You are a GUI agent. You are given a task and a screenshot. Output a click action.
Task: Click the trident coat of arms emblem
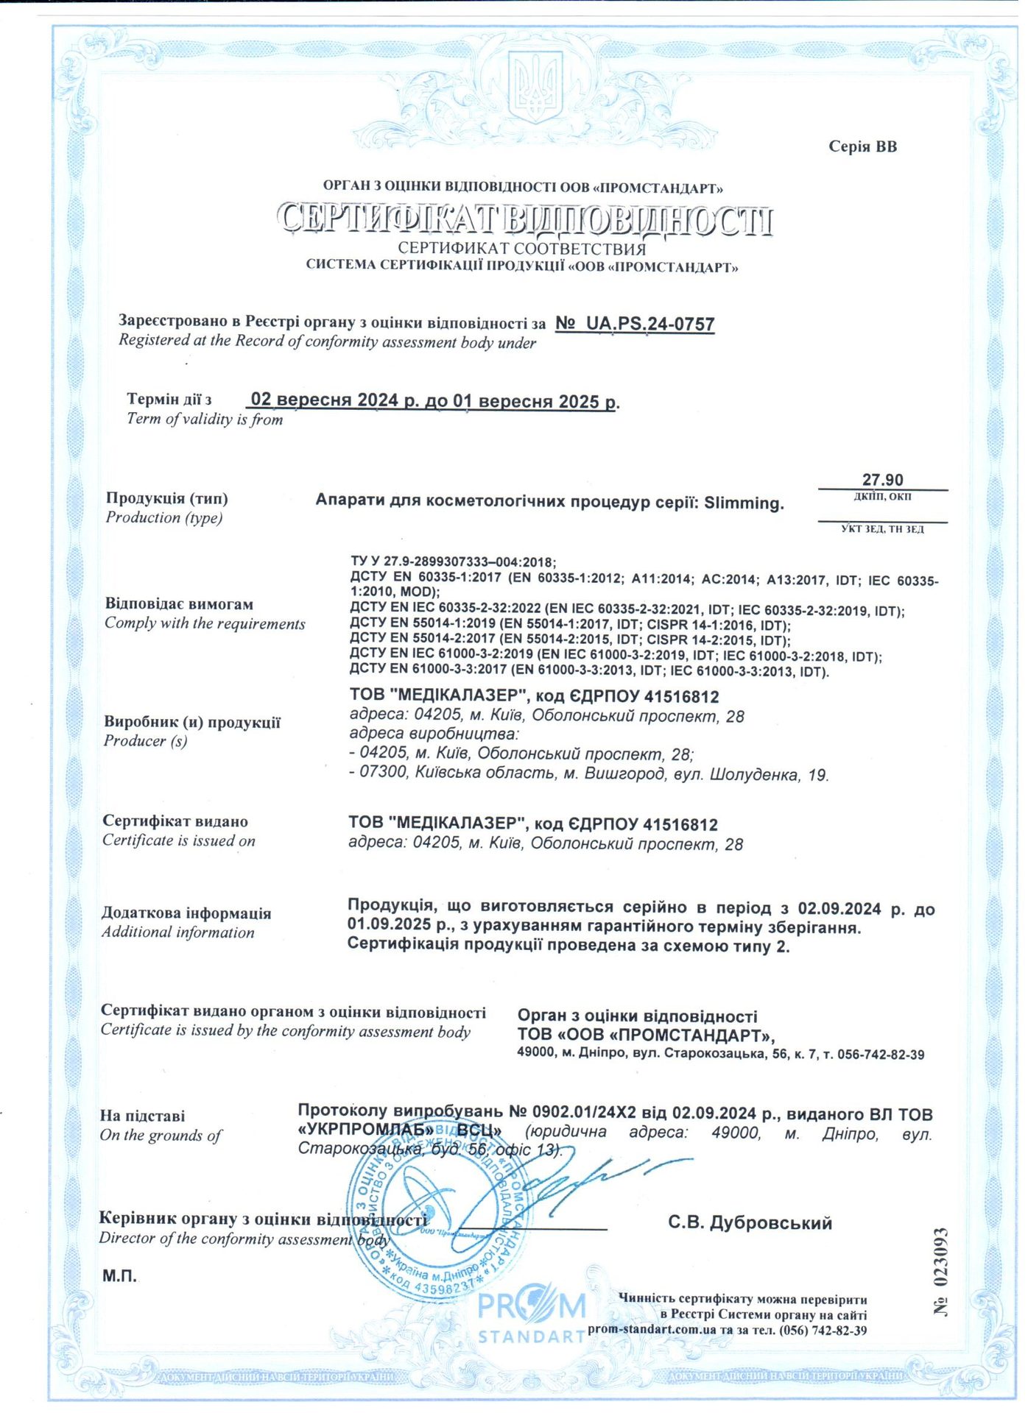(x=536, y=87)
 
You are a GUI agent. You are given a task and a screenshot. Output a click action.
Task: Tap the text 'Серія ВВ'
(x=862, y=146)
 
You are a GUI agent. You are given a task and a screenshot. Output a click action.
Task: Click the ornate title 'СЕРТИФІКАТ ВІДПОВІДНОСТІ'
(x=524, y=219)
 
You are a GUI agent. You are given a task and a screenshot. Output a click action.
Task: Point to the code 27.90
(x=882, y=480)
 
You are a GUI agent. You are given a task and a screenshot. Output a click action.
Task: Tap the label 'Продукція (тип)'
(x=167, y=498)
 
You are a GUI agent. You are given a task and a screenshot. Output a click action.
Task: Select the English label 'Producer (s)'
(x=146, y=741)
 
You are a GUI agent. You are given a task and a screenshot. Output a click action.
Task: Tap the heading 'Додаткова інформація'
(x=186, y=913)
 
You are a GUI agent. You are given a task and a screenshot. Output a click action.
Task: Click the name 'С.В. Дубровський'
(x=750, y=1223)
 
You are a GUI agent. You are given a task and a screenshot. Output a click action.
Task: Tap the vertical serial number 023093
(x=940, y=1270)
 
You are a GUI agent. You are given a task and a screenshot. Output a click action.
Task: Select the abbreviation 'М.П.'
(x=119, y=1276)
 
